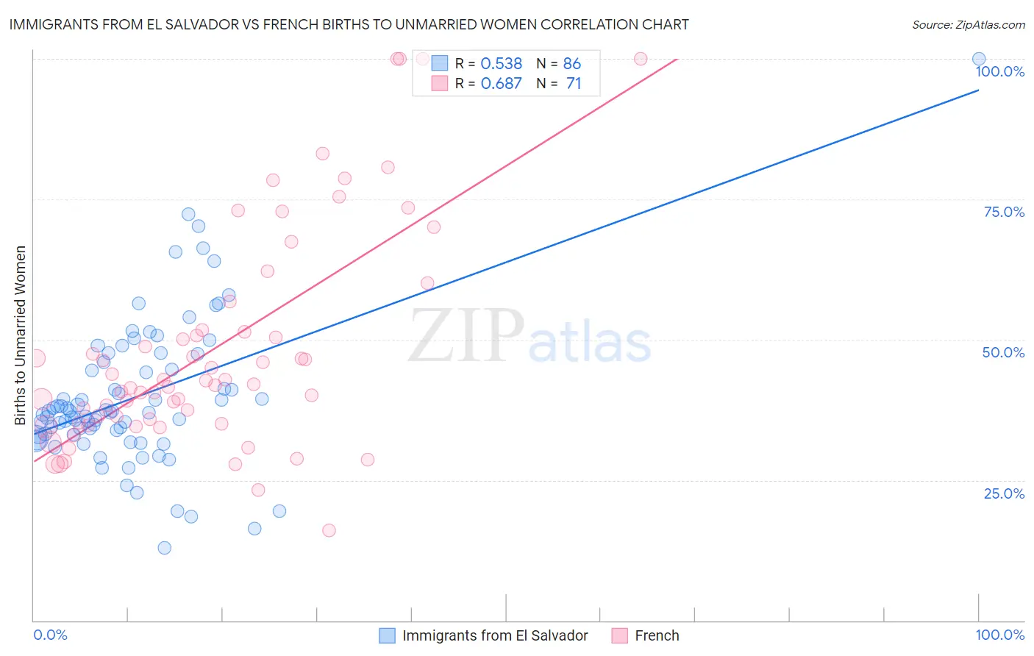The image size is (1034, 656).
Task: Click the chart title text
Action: point(349,24)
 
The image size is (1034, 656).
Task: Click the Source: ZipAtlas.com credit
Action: point(968,24)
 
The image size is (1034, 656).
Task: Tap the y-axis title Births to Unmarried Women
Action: point(21,335)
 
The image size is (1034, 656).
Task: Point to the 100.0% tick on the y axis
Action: point(999,71)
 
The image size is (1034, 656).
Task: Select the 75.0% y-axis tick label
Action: point(1004,212)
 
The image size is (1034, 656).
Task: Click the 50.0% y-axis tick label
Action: point(1003,352)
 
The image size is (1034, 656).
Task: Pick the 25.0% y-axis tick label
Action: point(1004,493)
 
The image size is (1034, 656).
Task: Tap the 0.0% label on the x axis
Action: point(50,635)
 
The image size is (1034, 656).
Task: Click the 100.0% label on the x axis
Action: point(999,635)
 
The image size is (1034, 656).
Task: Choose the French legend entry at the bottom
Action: point(656,635)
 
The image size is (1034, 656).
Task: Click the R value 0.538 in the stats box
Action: point(501,63)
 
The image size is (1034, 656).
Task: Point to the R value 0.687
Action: point(501,83)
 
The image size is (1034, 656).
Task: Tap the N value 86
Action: point(571,63)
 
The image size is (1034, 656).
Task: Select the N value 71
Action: point(573,83)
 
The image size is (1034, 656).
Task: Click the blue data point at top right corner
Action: point(979,59)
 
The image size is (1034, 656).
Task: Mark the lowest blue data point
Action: point(165,548)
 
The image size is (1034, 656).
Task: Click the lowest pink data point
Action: point(329,530)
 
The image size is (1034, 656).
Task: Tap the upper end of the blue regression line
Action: point(978,90)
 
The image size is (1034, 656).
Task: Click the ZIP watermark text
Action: point(466,335)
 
